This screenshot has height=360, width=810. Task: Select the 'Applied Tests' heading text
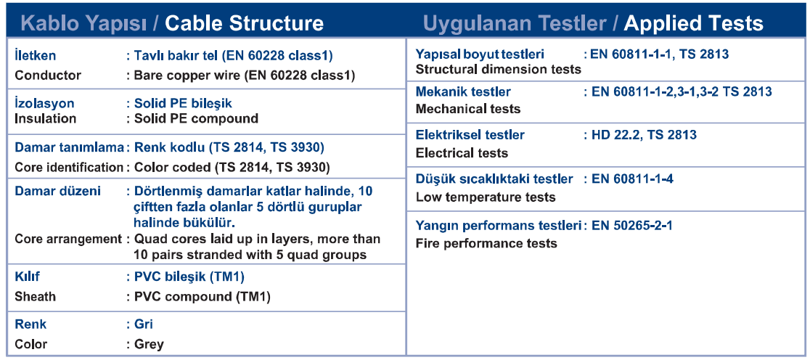pyautogui.click(x=693, y=23)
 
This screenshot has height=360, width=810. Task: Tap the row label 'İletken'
pyautogui.click(x=35, y=55)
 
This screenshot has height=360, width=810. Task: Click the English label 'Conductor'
pyautogui.click(x=48, y=75)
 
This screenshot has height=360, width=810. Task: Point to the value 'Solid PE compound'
pyautogui.click(x=196, y=118)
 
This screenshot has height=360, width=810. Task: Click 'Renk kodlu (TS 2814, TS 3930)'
pyautogui.click(x=229, y=148)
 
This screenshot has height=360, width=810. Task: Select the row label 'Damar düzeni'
pyautogui.click(x=58, y=191)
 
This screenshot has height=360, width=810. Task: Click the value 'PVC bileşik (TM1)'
pyautogui.click(x=189, y=277)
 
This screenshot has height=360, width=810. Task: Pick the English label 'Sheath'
pyautogui.click(x=35, y=297)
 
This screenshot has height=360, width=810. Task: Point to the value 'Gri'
pyautogui.click(x=144, y=324)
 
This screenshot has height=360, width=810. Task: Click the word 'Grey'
pyautogui.click(x=149, y=345)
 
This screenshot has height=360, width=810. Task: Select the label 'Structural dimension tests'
pyautogui.click(x=499, y=69)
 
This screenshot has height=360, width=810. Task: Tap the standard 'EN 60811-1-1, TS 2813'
pyautogui.click(x=660, y=54)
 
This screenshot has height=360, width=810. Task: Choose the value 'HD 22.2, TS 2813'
pyautogui.click(x=645, y=135)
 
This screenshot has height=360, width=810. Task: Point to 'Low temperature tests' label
pyautogui.click(x=486, y=197)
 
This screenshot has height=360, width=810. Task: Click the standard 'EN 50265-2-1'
pyautogui.click(x=631, y=226)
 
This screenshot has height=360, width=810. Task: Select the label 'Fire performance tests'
pyautogui.click(x=486, y=243)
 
